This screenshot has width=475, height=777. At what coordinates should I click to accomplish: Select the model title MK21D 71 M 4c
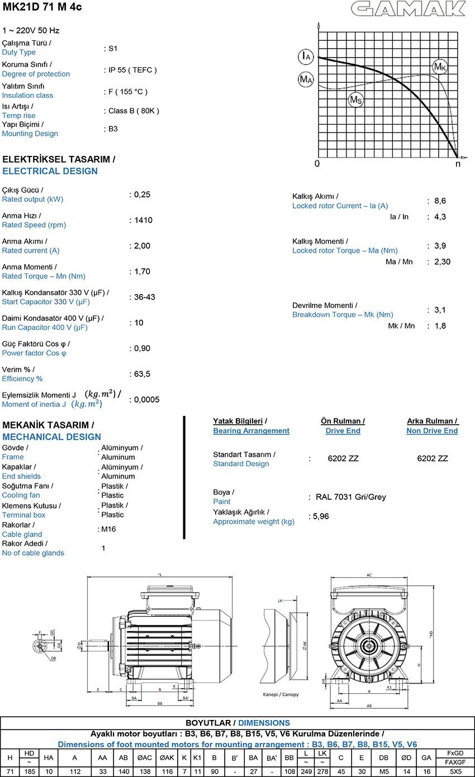pyautogui.click(x=42, y=7)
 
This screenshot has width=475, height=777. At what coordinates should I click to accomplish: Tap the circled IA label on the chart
pyautogui.click(x=305, y=56)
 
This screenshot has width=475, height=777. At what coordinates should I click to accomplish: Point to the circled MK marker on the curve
pyautogui.click(x=440, y=67)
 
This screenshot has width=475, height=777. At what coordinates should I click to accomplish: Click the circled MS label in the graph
pyautogui.click(x=355, y=100)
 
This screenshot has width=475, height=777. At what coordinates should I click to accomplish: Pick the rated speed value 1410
pyautogui.click(x=143, y=220)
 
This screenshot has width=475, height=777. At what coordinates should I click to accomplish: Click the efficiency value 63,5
pyautogui.click(x=142, y=374)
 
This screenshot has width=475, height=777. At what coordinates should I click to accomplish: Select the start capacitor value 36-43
pyautogui.click(x=145, y=297)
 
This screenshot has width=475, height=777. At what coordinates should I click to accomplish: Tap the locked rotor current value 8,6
pyautogui.click(x=440, y=201)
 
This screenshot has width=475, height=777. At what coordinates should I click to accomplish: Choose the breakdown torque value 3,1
pyautogui.click(x=440, y=310)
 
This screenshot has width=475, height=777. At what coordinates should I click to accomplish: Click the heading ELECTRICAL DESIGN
pyautogui.click(x=50, y=171)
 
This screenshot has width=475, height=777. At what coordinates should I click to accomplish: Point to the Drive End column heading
pyautogui.click(x=343, y=431)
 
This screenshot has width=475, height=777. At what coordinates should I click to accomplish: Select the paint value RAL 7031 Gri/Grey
pyautogui.click(x=351, y=497)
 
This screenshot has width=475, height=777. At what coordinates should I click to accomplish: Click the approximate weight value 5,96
pyautogui.click(x=321, y=517)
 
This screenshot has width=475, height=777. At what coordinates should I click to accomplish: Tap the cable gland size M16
pyautogui.click(x=108, y=529)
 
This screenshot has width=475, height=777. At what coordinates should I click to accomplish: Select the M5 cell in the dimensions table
pyautogui.click(x=384, y=771)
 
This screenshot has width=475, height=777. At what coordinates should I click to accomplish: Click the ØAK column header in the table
pyautogui.click(x=167, y=757)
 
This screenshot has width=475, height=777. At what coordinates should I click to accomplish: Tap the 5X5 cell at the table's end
pyautogui.click(x=456, y=771)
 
